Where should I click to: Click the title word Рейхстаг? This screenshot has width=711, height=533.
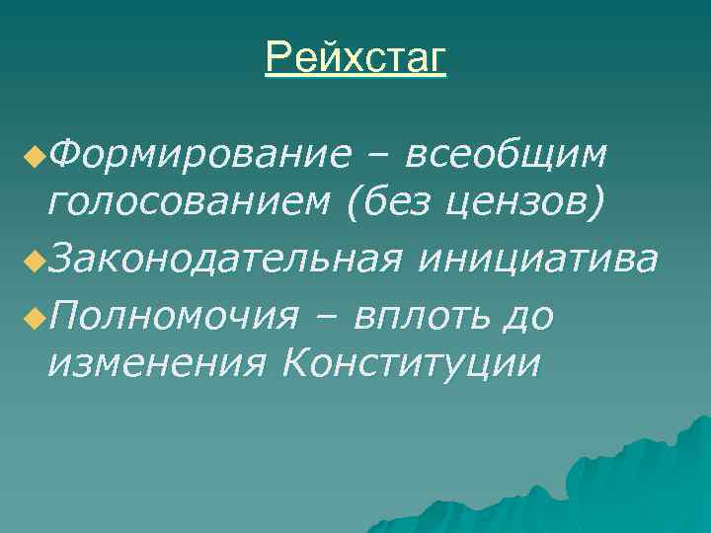click(355, 58)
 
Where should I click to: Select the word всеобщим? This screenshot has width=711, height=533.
click(508, 155)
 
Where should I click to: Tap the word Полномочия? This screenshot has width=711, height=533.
click(173, 315)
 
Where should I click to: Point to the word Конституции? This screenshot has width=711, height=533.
click(411, 365)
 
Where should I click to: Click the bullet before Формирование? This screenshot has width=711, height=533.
click(35, 155)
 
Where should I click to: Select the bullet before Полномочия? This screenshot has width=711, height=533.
click(35, 315)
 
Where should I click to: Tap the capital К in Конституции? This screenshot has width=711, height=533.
click(294, 365)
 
